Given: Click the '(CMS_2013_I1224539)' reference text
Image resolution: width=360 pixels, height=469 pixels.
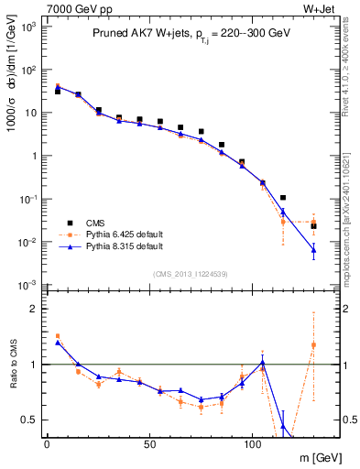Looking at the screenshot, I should tap(191, 273).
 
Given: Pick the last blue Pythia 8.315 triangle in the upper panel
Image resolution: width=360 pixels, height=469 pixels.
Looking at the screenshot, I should tap(313, 250).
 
